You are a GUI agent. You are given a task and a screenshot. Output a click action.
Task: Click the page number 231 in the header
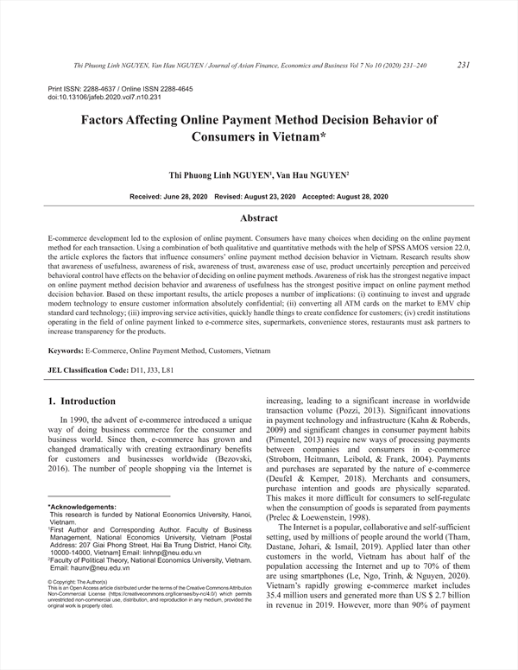tap(463, 65)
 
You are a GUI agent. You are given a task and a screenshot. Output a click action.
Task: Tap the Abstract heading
tap(258, 218)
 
